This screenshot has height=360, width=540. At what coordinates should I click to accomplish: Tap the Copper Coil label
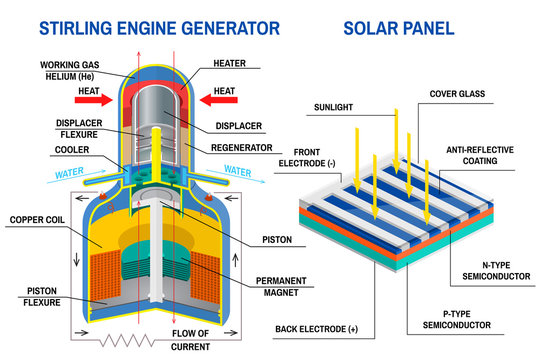click(38, 218)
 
